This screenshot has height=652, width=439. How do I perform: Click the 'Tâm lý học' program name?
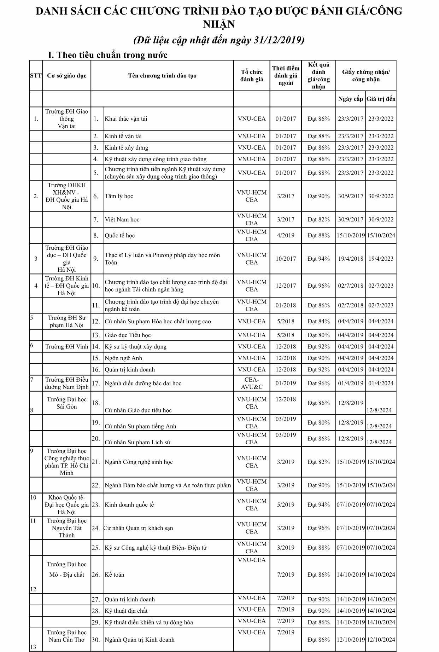pos(119,196)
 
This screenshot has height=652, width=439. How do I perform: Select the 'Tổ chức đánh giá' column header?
pos(252,75)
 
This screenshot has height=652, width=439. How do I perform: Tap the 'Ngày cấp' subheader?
pos(350,99)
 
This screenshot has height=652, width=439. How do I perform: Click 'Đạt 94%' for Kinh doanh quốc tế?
pos(318,504)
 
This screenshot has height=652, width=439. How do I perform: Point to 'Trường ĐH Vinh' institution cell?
pos(67,346)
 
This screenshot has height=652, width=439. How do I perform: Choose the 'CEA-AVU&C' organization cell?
pos(252,383)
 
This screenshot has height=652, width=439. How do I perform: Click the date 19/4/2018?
pos(351,259)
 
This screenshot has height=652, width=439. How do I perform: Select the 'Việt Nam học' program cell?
pos(122,219)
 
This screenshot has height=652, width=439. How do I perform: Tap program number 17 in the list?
pos(96,383)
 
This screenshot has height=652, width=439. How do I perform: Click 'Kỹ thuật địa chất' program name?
pos(126,611)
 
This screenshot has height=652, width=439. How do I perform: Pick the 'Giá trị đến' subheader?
pos(381,99)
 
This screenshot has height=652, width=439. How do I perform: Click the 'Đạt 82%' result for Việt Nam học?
pos(318,219)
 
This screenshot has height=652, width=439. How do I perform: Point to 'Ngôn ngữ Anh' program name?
pos(123,358)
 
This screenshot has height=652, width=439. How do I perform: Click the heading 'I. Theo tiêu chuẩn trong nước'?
pos(107,55)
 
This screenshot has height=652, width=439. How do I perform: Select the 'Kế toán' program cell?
pos(115,575)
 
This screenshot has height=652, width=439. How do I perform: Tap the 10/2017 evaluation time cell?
pos(286,259)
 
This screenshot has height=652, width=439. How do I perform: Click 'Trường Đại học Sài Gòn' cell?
pos(67,403)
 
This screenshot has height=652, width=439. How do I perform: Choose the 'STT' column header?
pos(36,75)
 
